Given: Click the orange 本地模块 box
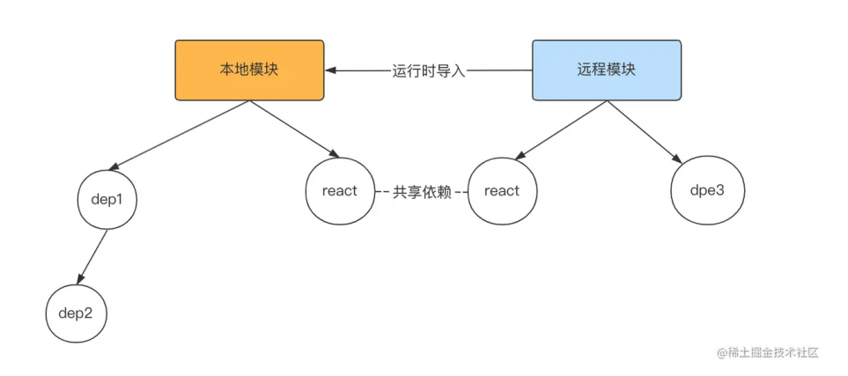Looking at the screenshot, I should (249, 70).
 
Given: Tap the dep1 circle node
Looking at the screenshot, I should (107, 199).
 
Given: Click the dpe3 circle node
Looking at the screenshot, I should (707, 190).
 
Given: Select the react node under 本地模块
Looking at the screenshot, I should (339, 191).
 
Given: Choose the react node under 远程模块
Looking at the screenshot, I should (502, 191).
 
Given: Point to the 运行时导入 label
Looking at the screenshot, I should (428, 70).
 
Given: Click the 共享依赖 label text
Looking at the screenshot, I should (421, 192).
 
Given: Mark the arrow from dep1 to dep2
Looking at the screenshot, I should (92, 256).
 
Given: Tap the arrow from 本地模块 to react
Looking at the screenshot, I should (291, 129).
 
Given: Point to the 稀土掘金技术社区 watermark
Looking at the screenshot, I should (768, 352).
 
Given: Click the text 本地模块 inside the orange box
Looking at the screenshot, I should (249, 70).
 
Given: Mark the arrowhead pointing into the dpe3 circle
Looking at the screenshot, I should (678, 160).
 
